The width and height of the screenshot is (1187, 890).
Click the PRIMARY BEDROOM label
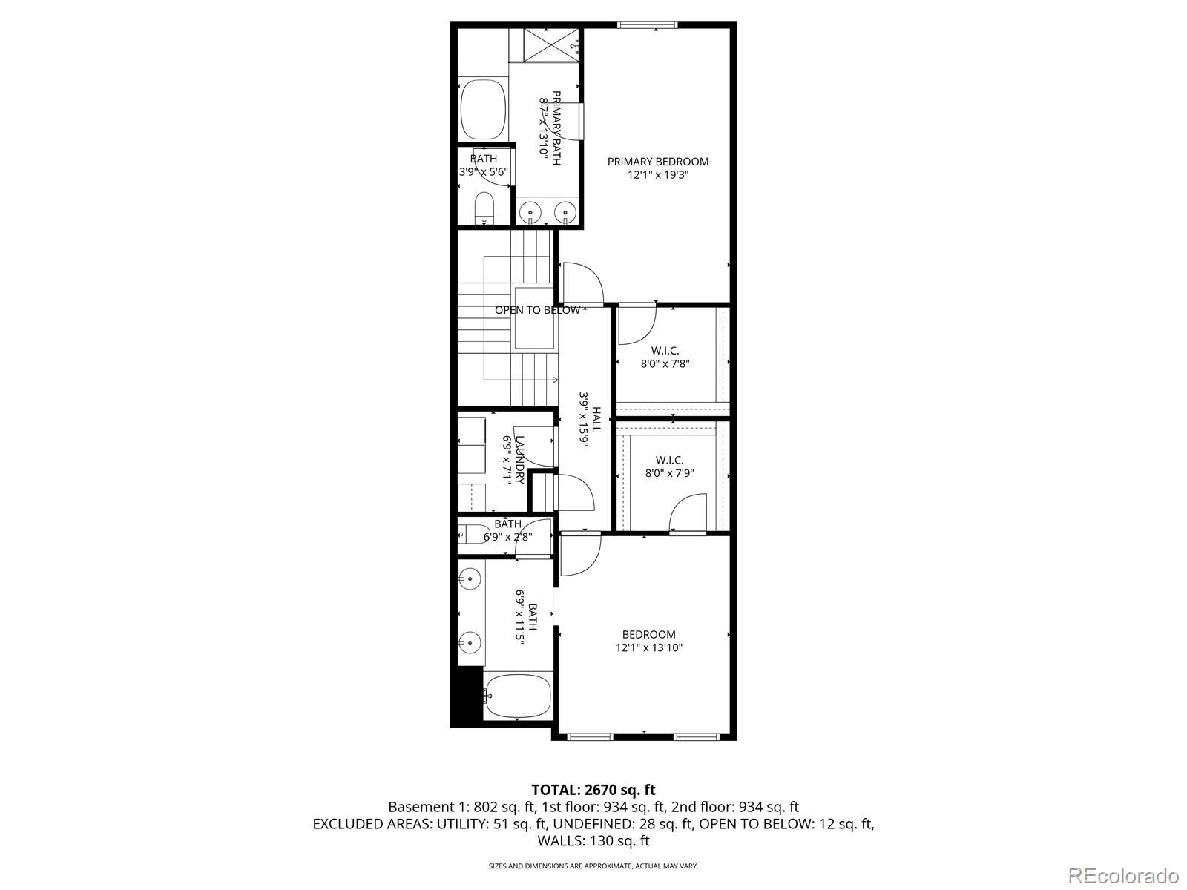point(657,162)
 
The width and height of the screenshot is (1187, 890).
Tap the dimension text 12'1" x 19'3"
point(657,176)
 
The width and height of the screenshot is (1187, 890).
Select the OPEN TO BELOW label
point(537,310)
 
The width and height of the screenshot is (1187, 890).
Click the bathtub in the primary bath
point(483,110)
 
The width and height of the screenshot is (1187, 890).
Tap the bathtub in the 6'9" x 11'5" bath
point(518,696)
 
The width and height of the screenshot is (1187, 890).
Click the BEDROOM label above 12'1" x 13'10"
point(648,634)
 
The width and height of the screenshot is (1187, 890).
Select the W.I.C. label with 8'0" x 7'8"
point(665,351)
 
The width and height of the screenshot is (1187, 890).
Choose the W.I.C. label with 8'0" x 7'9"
point(669,460)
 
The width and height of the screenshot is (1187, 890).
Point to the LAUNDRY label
point(519,460)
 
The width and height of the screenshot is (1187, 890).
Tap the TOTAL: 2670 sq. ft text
point(593,790)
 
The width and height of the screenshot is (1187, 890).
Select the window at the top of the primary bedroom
point(648,24)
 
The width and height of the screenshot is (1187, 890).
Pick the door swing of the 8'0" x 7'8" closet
point(637,324)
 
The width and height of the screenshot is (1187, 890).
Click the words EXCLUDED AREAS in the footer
point(369,824)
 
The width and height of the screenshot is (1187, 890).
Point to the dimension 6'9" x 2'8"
point(507,537)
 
